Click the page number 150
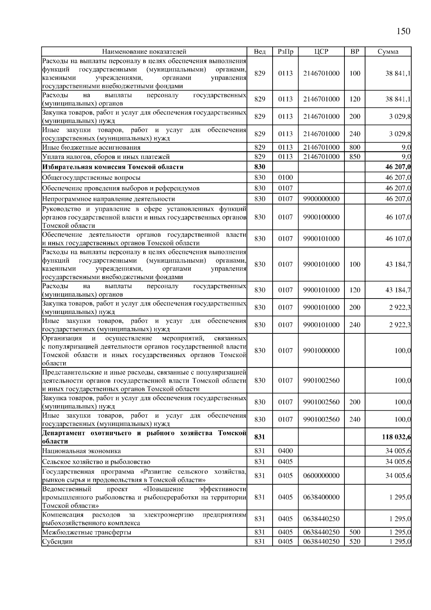[403, 32]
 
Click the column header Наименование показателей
[144, 52]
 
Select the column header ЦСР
[321, 52]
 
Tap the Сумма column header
[388, 52]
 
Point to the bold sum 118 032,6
[397, 437]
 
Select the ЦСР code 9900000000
[321, 199]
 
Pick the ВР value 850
[354, 157]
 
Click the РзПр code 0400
[285, 451]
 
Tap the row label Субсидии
[57, 542]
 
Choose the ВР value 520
[354, 542]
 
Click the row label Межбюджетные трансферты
[87, 532]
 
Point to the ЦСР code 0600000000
[321, 476]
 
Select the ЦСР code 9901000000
[321, 351]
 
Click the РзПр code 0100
[285, 177]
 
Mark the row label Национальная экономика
[82, 451]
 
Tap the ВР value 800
[354, 147]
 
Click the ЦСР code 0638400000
[321, 497]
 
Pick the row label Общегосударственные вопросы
[91, 178]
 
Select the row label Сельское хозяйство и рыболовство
[96, 462]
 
